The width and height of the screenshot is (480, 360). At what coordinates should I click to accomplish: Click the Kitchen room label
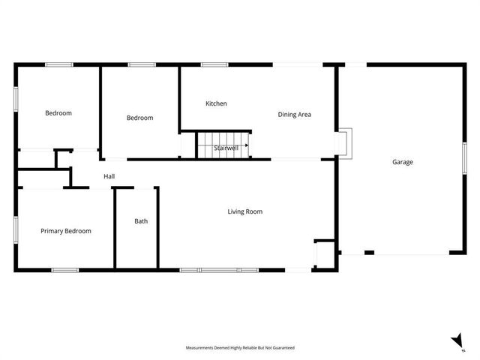(x=216, y=103)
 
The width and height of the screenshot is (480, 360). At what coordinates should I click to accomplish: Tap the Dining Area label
(x=294, y=115)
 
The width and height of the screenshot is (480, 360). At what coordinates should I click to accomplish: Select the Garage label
(x=402, y=162)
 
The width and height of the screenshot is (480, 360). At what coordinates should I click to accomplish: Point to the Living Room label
(x=244, y=211)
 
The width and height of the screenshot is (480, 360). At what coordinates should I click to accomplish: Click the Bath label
(x=141, y=221)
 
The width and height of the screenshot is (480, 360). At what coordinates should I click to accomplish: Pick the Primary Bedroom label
(x=66, y=231)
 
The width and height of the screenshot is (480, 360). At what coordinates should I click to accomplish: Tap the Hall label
(x=109, y=177)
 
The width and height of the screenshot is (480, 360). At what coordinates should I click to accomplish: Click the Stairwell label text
(x=226, y=148)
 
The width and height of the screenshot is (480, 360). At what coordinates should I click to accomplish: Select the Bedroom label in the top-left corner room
(x=58, y=113)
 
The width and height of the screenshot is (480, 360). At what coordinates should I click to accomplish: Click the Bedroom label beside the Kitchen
(x=139, y=118)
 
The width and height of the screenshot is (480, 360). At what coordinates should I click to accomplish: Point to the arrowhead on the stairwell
(x=246, y=145)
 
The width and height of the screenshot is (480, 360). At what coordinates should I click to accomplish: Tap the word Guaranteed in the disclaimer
(x=281, y=348)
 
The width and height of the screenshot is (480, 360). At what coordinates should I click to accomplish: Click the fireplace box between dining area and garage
(x=343, y=142)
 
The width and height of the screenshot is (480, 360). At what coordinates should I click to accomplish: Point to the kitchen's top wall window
(x=214, y=64)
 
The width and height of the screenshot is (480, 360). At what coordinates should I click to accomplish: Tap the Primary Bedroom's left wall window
(x=16, y=230)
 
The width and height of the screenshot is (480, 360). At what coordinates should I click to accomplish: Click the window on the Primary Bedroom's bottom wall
(x=64, y=269)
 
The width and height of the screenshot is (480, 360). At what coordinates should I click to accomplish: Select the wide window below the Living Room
(x=218, y=269)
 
